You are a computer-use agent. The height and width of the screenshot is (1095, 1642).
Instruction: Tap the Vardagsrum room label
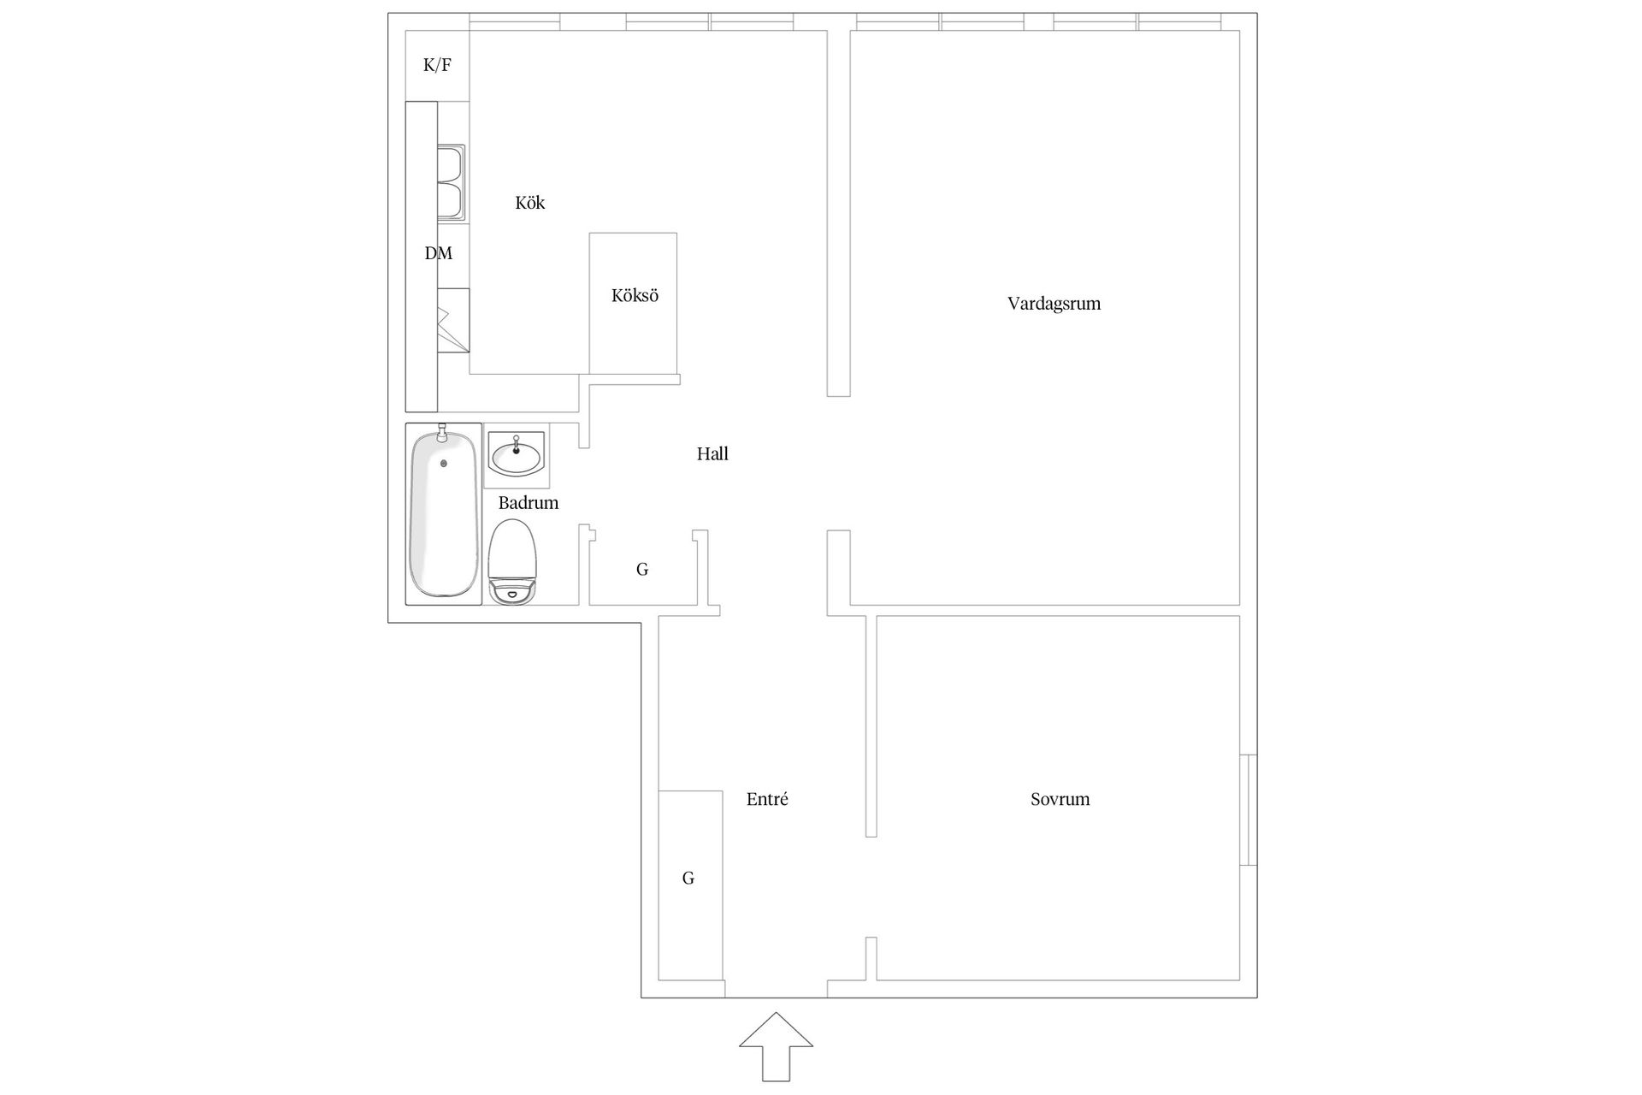point(1054,304)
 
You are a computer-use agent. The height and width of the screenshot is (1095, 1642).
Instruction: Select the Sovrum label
point(1060,800)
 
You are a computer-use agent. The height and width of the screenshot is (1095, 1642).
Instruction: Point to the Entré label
point(767,799)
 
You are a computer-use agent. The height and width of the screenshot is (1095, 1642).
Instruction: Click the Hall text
point(712,454)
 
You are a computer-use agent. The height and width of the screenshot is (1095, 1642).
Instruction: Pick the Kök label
point(530,203)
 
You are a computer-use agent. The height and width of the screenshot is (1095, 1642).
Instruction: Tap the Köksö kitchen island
point(633,303)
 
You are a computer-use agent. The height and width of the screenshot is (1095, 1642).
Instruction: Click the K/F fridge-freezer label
point(437,65)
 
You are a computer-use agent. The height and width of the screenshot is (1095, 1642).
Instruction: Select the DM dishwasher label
point(439,253)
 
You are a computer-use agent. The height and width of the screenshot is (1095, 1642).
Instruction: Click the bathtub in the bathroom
point(443,513)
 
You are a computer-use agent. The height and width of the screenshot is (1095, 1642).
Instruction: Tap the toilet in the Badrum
point(512,561)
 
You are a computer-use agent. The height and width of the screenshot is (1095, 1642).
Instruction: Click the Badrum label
point(529,503)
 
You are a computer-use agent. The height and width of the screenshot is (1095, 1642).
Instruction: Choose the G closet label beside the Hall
point(642,569)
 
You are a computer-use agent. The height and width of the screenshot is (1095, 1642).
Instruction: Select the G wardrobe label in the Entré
point(688,879)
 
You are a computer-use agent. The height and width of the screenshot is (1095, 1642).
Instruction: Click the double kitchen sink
point(451,182)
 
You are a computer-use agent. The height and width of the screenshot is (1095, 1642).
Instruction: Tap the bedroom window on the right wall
point(1249,809)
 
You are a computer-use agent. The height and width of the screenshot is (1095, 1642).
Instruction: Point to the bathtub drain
point(443,464)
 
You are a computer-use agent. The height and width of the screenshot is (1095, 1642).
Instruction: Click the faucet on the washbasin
point(516,444)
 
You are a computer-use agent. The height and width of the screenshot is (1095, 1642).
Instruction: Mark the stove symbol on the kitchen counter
point(453,320)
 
